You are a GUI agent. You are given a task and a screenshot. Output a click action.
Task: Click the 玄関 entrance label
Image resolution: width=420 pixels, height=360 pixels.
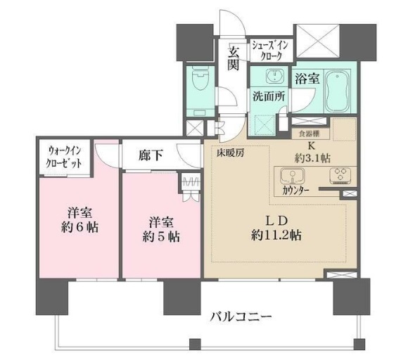pyautogui.click(x=234, y=57)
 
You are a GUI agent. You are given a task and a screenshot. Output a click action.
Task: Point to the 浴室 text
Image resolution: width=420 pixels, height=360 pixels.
pyautogui.click(x=307, y=78)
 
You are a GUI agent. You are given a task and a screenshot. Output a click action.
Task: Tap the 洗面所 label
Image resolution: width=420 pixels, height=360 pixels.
pyautogui.click(x=268, y=98)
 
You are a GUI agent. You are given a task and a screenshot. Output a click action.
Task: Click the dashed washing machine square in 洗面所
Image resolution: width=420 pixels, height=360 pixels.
pyautogui.click(x=267, y=124)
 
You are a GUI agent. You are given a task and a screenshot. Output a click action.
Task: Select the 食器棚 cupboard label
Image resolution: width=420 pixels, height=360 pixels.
pyautogui.click(x=306, y=132)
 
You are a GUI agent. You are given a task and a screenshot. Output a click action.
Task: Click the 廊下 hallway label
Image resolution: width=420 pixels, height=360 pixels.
pyautogui.click(x=151, y=156)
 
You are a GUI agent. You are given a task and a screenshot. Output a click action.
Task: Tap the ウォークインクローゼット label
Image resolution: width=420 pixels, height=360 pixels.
pyautogui.click(x=65, y=157)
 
